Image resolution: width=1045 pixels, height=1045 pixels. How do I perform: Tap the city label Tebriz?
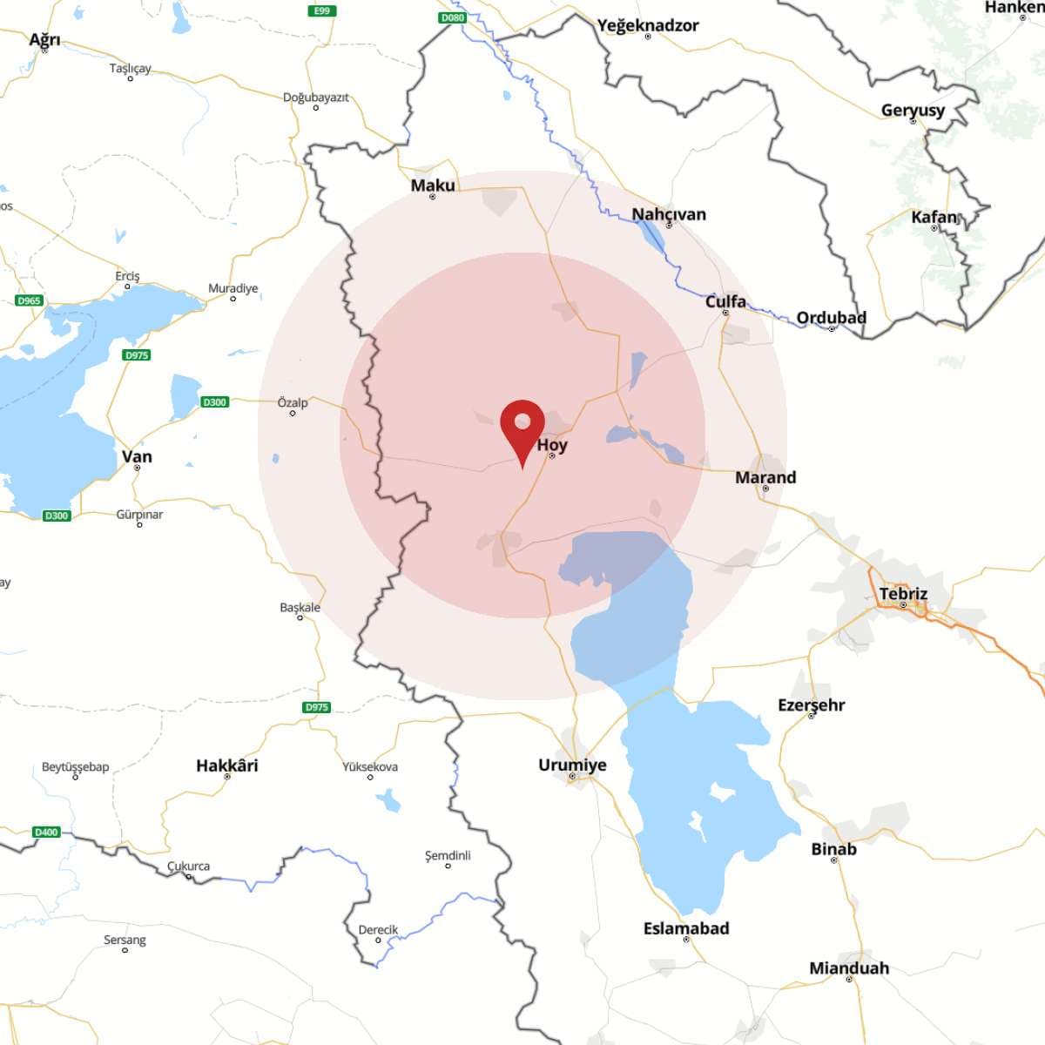903,594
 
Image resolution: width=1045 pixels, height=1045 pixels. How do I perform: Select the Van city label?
137,456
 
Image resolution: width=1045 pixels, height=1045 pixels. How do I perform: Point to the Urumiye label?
572,765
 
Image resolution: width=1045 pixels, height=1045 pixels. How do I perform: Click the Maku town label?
433,185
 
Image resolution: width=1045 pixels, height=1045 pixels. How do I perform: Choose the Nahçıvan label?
669,214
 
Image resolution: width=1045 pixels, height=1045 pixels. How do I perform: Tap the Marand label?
765,477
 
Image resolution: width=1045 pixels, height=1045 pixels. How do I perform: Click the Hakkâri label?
227,765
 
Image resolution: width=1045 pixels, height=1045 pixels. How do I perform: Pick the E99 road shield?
321,10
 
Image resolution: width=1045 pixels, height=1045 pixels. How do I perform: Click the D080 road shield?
453,17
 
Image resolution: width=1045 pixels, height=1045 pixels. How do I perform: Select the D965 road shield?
29,300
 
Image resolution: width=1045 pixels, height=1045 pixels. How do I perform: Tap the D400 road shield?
46,832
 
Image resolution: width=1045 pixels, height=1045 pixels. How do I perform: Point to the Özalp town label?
293,402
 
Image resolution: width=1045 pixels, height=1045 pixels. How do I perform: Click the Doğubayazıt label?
315,98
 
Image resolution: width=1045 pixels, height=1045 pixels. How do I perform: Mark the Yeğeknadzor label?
648,25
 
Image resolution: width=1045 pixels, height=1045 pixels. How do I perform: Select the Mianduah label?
849,967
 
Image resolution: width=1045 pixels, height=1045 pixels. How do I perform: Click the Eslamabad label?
686,928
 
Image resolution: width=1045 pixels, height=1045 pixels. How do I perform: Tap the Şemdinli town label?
448,855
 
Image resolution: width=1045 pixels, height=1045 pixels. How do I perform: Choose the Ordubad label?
832,318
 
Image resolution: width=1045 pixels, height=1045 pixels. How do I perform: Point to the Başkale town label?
300,607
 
